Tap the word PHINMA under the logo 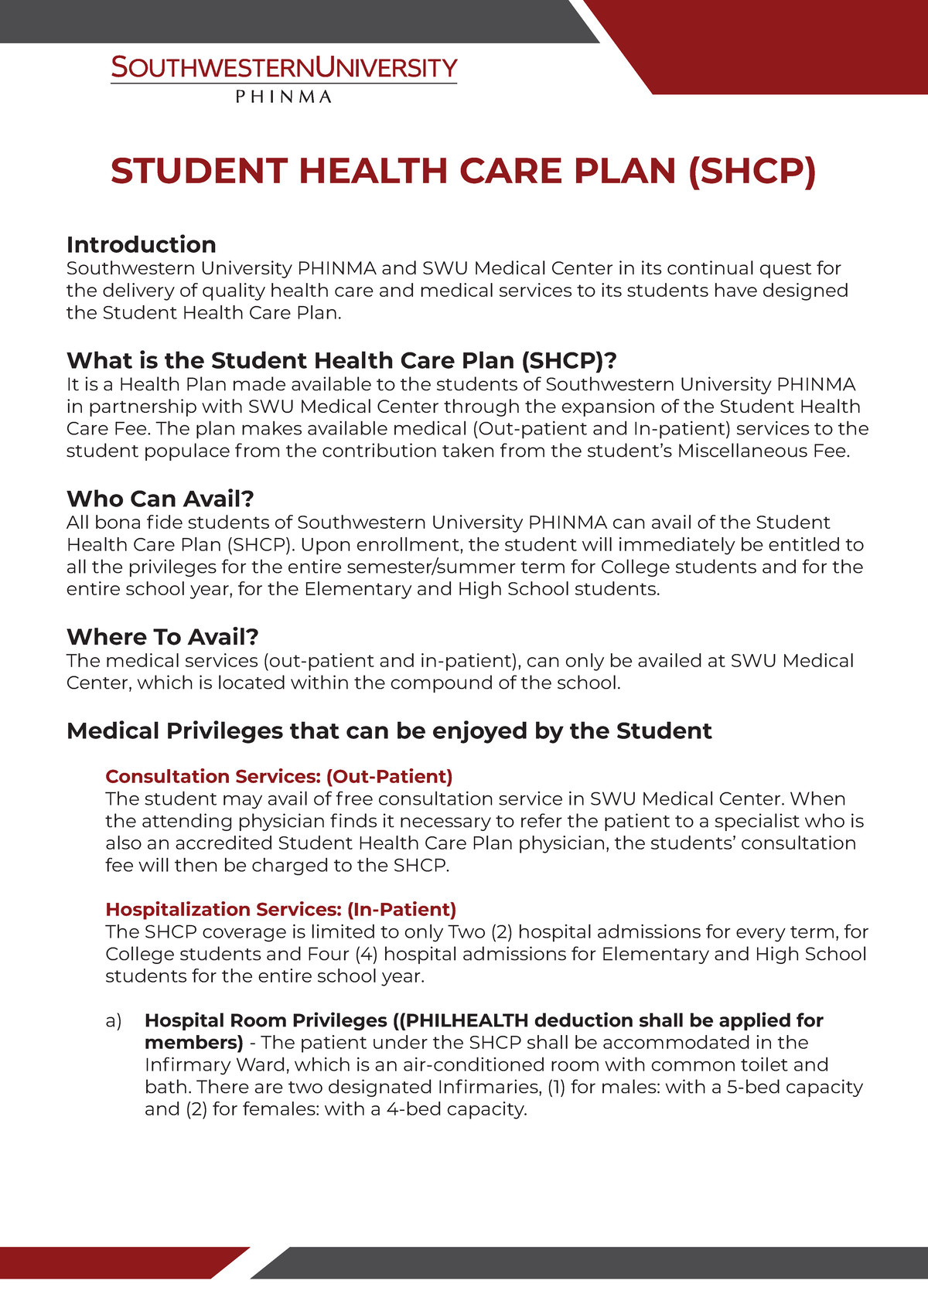[283, 97]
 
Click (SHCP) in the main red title [751, 171]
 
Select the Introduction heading [142, 244]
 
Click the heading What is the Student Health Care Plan [341, 360]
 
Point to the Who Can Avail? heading [160, 499]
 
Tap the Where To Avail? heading [162, 637]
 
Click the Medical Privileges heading [389, 730]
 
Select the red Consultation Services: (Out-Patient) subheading [279, 776]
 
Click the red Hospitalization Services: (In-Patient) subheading [281, 909]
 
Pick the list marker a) [114, 1020]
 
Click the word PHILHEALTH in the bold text [466, 1020]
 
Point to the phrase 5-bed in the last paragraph [753, 1087]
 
